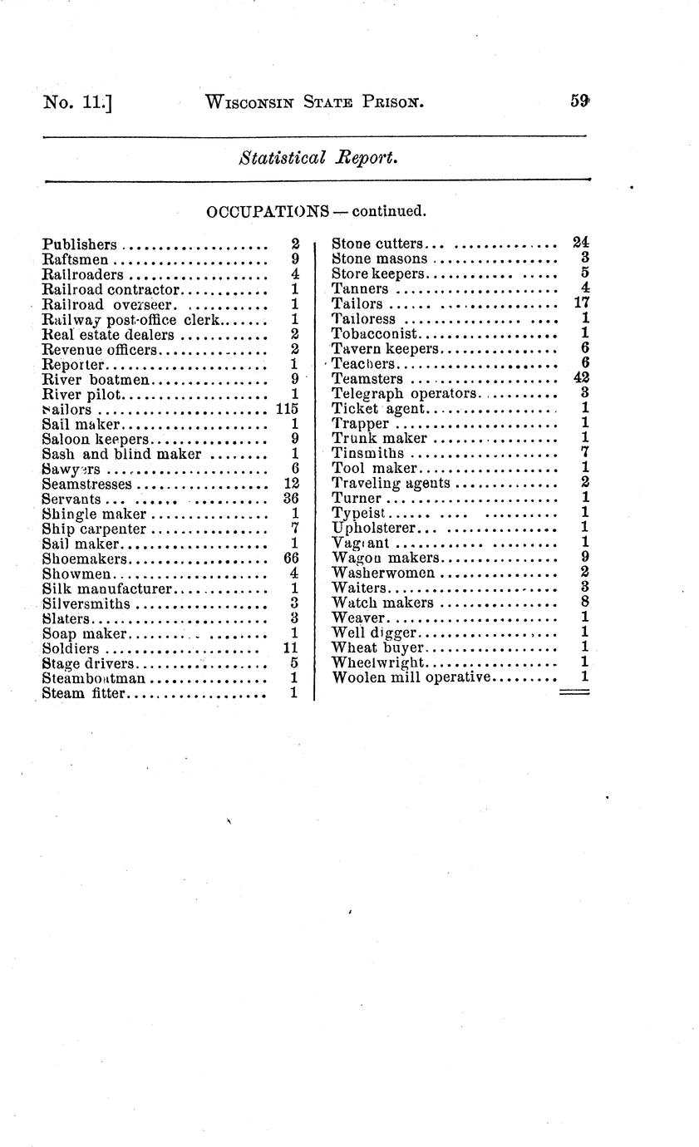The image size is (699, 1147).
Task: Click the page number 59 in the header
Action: [x=579, y=101]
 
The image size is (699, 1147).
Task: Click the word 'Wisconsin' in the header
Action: [x=251, y=102]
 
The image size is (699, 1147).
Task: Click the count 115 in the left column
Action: [x=287, y=409]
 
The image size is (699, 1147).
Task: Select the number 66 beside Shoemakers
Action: [x=291, y=559]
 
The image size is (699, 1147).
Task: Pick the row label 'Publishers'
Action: [x=79, y=244]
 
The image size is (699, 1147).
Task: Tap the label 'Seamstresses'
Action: [x=86, y=484]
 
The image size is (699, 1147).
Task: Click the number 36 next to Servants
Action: [x=291, y=499]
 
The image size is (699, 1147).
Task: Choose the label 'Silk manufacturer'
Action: [x=106, y=588]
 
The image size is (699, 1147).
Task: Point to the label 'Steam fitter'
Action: [x=82, y=693]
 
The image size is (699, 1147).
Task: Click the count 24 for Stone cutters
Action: [x=581, y=244]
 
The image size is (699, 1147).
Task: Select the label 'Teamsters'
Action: [x=367, y=379]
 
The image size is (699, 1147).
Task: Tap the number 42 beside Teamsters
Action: [x=581, y=378]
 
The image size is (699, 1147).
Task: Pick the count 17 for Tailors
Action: [x=581, y=303]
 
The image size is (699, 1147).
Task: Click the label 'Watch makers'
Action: [x=382, y=603]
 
